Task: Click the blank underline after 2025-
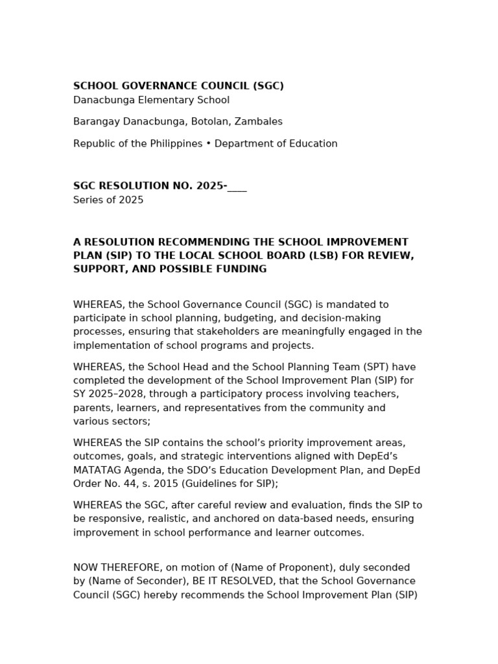[237, 187]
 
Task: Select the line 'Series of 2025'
[108, 200]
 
